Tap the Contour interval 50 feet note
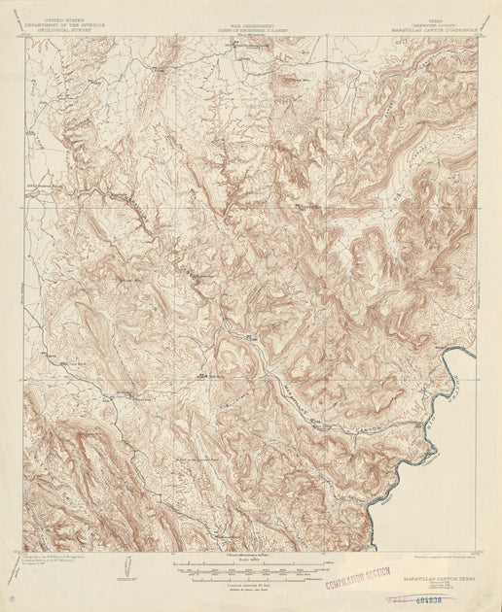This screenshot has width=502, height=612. pyautogui.click(x=250, y=583)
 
